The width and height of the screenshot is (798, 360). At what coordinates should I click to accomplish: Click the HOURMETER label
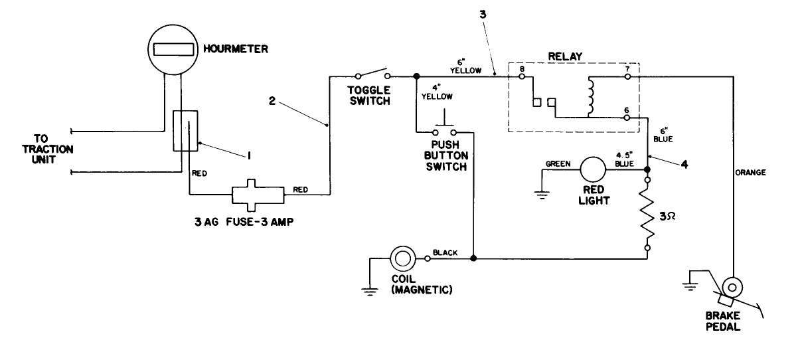227,48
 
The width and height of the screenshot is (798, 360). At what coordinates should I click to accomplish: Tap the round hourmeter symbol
173,49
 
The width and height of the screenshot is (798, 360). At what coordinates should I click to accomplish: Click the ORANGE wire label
752,173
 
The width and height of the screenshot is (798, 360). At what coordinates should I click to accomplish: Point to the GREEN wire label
558,163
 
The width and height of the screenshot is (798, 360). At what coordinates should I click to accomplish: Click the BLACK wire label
445,252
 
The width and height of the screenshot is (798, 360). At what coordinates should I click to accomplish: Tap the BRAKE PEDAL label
723,321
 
